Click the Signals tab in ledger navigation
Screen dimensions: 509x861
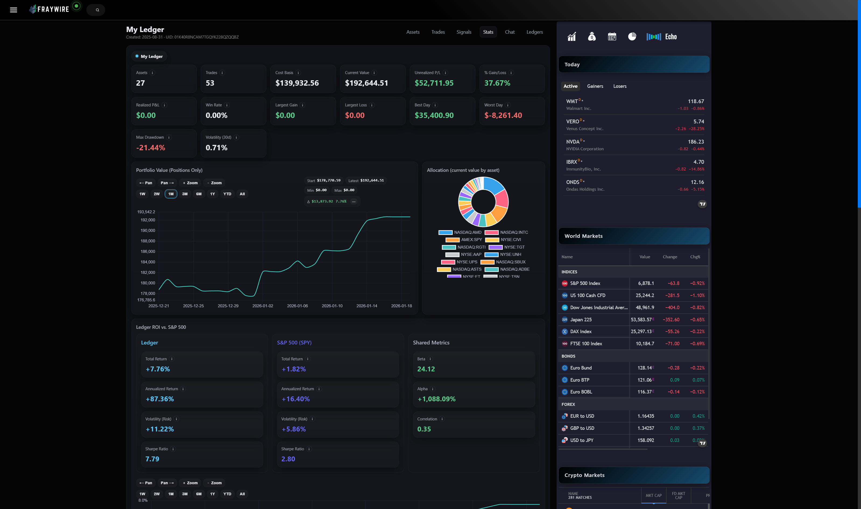click(464, 32)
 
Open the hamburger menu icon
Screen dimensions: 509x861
click(13, 10)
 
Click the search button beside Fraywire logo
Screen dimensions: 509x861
click(97, 10)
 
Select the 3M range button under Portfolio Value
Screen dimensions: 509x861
click(185, 194)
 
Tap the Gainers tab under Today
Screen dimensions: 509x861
click(595, 86)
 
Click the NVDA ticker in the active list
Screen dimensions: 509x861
click(573, 142)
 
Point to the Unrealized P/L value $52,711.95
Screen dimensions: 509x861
click(434, 83)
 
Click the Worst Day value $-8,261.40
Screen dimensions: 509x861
click(503, 115)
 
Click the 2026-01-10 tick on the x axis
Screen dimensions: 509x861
click(332, 306)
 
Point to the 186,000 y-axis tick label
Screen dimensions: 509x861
click(148, 252)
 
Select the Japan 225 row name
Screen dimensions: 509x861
click(581, 319)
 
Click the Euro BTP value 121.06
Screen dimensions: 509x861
click(644, 380)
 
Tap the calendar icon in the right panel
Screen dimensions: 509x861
click(612, 37)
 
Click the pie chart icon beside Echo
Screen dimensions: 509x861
click(632, 37)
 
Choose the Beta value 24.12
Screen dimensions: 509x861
click(426, 369)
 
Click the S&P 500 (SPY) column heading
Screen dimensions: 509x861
click(294, 342)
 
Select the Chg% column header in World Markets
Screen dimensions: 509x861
click(695, 257)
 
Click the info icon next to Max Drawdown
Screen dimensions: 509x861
click(169, 137)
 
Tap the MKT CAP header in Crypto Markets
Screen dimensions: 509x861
click(653, 495)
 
